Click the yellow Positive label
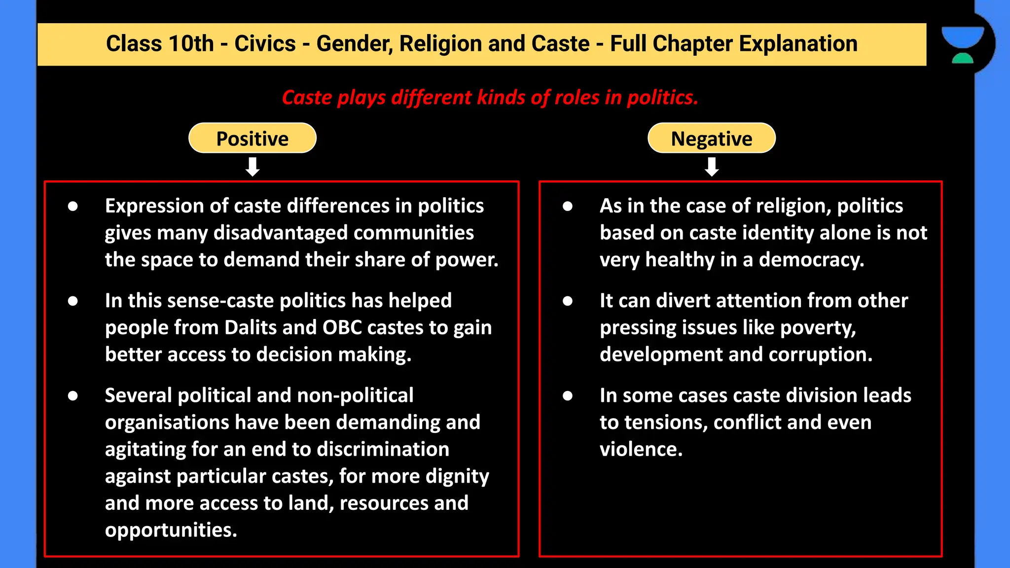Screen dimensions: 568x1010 point(252,139)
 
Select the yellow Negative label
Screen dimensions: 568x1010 point(711,139)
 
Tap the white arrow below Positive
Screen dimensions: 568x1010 point(252,167)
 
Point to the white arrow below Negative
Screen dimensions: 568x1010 point(712,167)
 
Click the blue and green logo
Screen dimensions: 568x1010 point(962,44)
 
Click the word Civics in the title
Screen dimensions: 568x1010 point(265,44)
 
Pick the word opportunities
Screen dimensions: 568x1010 point(171,530)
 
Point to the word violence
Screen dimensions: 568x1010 point(641,449)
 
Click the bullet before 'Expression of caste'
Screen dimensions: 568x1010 point(73,206)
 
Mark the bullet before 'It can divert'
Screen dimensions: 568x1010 point(568,301)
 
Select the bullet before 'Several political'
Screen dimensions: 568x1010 point(73,395)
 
